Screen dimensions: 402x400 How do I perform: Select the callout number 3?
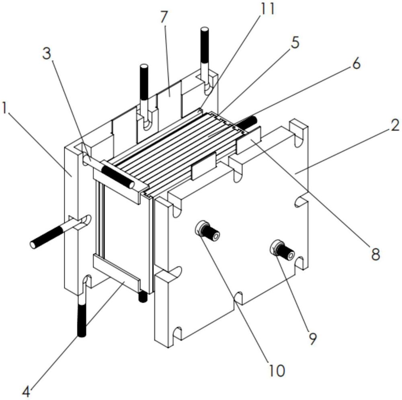[47, 53]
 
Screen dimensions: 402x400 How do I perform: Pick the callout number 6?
[356, 63]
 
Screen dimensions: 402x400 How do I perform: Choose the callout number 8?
[375, 254]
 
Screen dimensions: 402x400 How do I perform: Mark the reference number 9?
[312, 339]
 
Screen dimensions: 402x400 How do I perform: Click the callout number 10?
[277, 370]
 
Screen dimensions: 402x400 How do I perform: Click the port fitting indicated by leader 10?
[207, 230]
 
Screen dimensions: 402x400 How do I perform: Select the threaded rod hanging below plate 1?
[82, 310]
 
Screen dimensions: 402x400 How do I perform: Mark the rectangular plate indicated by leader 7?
[169, 101]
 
